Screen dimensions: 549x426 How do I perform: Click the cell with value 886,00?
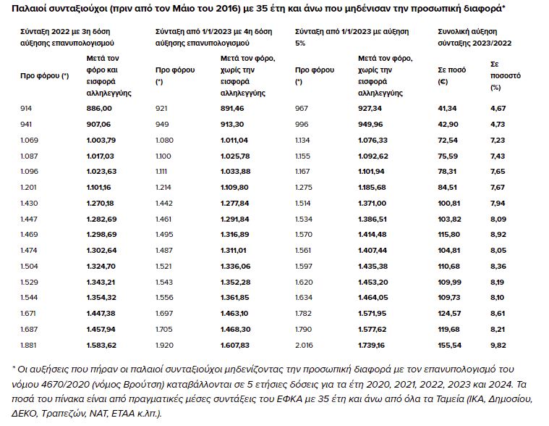(x=99, y=109)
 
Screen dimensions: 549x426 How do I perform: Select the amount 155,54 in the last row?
(x=449, y=346)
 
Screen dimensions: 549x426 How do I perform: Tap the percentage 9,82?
(x=498, y=346)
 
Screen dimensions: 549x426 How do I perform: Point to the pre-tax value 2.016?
(x=304, y=346)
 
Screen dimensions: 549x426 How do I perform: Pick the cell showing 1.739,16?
(x=371, y=346)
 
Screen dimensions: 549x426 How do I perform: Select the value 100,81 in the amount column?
(x=449, y=204)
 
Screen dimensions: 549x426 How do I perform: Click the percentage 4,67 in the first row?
(x=498, y=109)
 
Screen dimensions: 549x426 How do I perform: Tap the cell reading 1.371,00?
(x=372, y=204)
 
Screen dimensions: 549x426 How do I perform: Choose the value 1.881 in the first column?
(x=28, y=346)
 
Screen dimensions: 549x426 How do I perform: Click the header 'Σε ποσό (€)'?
(x=451, y=76)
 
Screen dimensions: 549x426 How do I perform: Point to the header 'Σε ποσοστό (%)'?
(x=506, y=76)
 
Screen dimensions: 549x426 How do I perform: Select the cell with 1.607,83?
(x=235, y=346)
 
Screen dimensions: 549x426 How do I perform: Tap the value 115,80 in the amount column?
(x=449, y=235)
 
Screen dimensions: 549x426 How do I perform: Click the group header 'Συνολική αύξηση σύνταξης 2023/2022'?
(x=474, y=37)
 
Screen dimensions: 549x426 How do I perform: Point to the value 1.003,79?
(x=101, y=141)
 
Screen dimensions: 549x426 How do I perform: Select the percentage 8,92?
(x=498, y=235)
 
